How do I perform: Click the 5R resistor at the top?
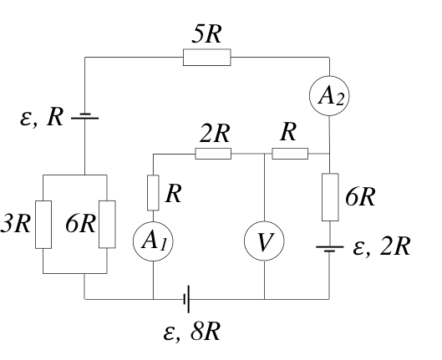point(207,58)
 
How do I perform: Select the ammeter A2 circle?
point(329,96)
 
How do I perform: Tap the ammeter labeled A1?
point(153,241)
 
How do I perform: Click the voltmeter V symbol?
point(264,241)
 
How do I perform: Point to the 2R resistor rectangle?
point(213,154)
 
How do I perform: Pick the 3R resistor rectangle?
point(43,225)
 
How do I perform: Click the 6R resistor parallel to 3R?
point(107,225)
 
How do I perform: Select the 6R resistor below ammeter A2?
point(330,197)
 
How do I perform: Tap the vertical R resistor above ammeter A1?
point(153,193)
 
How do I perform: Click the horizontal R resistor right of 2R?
point(290,154)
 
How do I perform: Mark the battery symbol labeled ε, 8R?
point(186,299)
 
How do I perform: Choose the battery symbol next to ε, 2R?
point(329,248)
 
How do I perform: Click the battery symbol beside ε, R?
point(85,116)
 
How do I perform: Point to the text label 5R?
point(206,34)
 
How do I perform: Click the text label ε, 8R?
point(191,332)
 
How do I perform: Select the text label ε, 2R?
point(381,246)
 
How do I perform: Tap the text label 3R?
point(16,224)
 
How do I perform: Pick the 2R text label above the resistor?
point(215,134)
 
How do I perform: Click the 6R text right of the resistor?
point(360,197)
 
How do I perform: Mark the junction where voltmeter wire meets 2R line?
point(264,154)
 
